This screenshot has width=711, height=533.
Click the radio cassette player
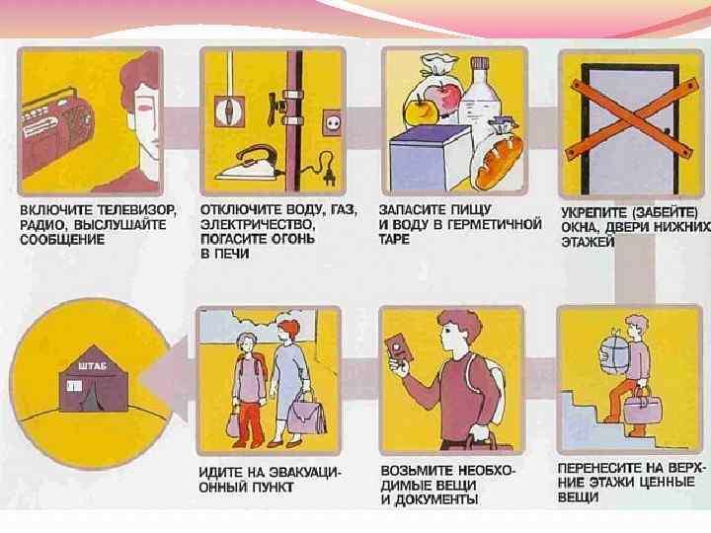coord(57,130)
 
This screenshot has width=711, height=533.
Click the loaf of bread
coord(499,162)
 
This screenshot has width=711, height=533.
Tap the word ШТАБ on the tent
coord(93,366)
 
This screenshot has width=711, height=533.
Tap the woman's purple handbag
coord(307,414)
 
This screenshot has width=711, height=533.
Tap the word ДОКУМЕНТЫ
coord(435,499)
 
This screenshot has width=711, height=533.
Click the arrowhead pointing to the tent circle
coord(164,381)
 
